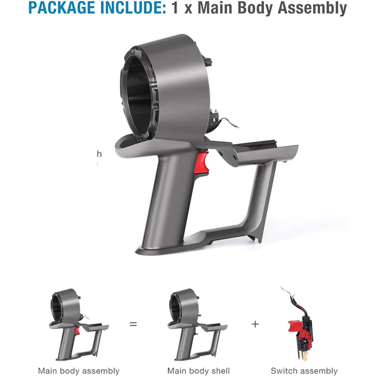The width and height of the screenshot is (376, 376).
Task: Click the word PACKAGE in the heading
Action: pos(62,8)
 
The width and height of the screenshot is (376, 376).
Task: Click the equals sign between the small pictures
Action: pos(133,324)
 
